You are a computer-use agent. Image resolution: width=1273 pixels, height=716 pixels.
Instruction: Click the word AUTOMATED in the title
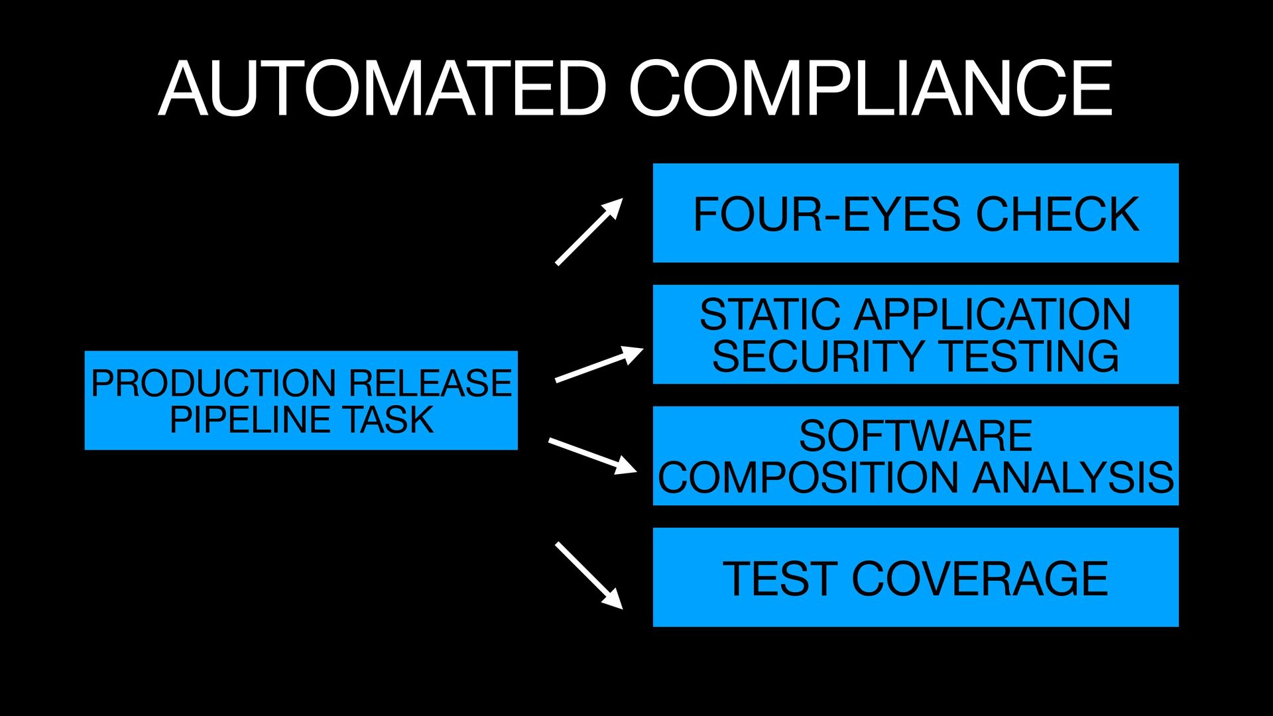[x=383, y=89]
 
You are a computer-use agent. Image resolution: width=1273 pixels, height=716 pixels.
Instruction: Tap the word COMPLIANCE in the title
[x=870, y=89]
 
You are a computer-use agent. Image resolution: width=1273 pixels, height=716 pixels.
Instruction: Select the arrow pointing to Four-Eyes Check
[x=589, y=232]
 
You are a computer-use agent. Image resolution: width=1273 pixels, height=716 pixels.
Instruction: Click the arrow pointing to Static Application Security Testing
[x=599, y=364]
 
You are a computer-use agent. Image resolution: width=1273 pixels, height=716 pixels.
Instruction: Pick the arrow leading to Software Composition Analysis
[x=592, y=455]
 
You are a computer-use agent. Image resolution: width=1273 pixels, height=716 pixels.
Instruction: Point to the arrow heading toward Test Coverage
[x=589, y=575]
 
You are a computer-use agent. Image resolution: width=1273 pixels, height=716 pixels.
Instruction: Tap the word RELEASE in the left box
[x=430, y=383]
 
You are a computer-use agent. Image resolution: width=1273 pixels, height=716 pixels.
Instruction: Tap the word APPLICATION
[x=993, y=314]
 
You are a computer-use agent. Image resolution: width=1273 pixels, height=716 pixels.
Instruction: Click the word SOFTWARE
[x=916, y=436]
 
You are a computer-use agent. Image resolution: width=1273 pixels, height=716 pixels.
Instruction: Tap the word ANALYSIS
[x=1073, y=477]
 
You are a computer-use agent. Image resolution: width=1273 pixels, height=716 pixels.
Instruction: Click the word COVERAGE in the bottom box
[x=979, y=579]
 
